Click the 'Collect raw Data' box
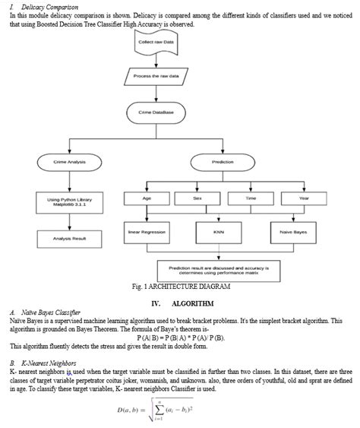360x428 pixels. pos(156,43)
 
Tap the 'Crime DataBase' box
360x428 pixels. pos(156,113)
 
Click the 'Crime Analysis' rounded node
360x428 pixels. pos(69,162)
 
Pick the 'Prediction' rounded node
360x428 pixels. pos(223,162)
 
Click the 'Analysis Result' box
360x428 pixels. pos(69,238)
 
